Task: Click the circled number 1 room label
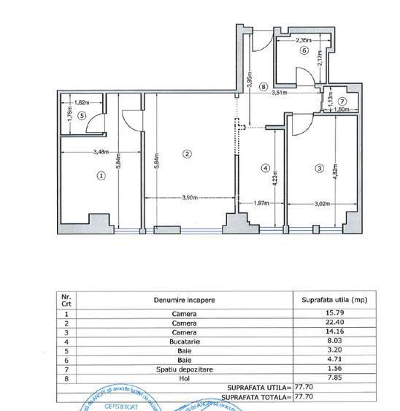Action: [x=101, y=175]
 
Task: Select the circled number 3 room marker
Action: [x=319, y=169]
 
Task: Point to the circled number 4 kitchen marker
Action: [x=266, y=168]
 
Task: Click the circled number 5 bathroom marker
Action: [x=82, y=115]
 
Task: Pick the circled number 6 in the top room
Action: [x=304, y=51]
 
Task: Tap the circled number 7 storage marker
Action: [x=342, y=101]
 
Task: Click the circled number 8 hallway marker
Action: [x=263, y=86]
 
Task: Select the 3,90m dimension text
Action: [x=192, y=197]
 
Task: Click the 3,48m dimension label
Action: [x=81, y=152]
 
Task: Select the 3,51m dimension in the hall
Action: [x=280, y=93]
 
